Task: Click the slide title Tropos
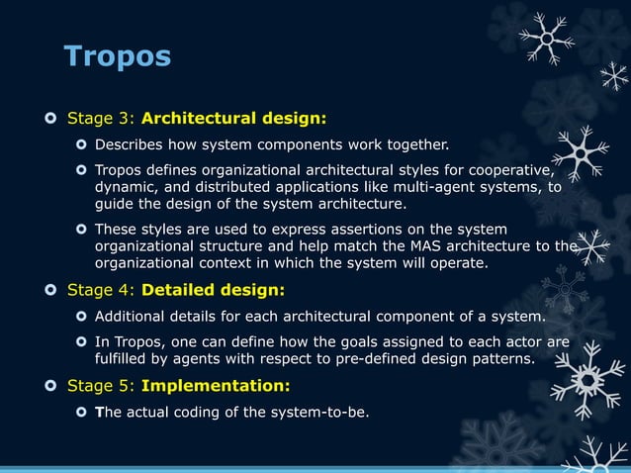117,55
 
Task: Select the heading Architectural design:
233,120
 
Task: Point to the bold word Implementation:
229,385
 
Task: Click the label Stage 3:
101,120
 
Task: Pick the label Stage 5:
101,385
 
